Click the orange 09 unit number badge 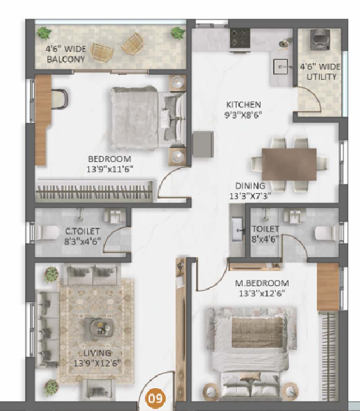pyautogui.click(x=156, y=399)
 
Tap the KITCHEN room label pyautogui.click(x=243, y=105)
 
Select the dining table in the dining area pyautogui.click(x=289, y=164)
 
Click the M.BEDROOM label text pyautogui.click(x=261, y=283)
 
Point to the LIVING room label pyautogui.click(x=97, y=353)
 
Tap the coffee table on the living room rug pyautogui.click(x=99, y=328)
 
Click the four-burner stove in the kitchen pyautogui.click(x=240, y=38)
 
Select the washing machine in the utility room pyautogui.click(x=320, y=40)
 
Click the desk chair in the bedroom pyautogui.click(x=60, y=99)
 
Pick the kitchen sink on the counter pyautogui.click(x=281, y=67)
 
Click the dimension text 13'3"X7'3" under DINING pyautogui.click(x=249, y=196)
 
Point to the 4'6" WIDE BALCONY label pyautogui.click(x=66, y=54)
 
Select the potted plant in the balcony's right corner pyautogui.click(x=178, y=33)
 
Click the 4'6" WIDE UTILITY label pyautogui.click(x=320, y=72)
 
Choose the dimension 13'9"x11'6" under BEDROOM pyautogui.click(x=110, y=169)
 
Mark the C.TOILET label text pyautogui.click(x=83, y=231)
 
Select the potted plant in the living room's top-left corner pyautogui.click(x=51, y=274)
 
